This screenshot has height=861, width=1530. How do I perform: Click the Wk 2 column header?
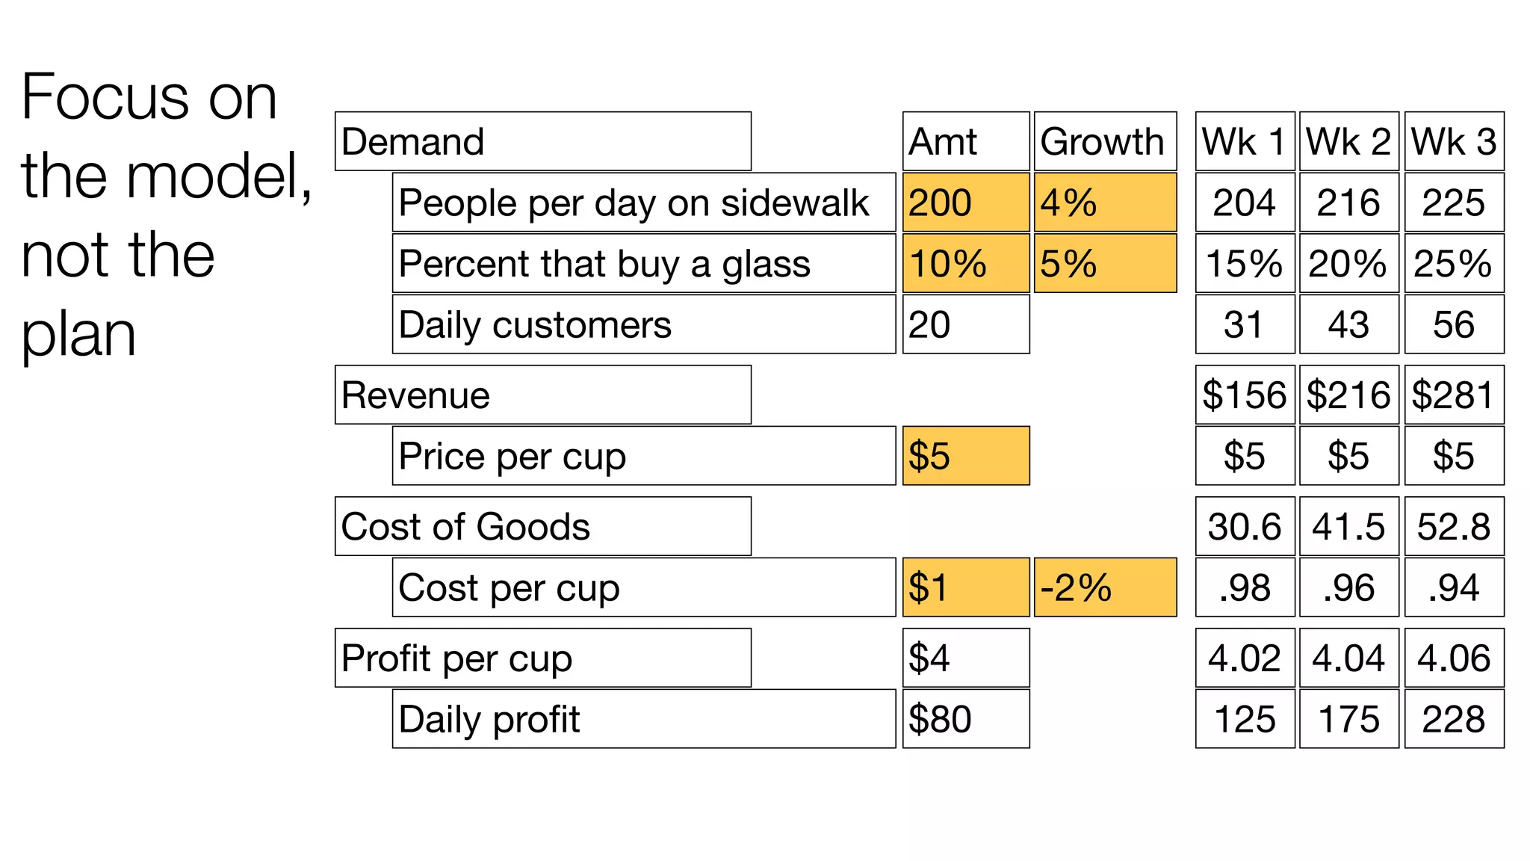[1348, 142]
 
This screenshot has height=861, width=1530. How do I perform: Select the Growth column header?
[1104, 142]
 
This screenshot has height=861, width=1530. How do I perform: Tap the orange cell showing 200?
[965, 203]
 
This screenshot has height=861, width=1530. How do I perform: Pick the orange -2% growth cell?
[1104, 587]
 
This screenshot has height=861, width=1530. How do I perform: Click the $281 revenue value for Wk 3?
[1453, 395]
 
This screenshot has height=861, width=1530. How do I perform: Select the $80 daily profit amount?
[965, 719]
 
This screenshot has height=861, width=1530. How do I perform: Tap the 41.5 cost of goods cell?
[1348, 527]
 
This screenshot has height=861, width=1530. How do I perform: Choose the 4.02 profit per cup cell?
[1245, 658]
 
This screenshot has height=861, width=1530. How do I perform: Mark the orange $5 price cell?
[965, 456]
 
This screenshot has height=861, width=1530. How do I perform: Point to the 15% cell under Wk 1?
[1245, 264]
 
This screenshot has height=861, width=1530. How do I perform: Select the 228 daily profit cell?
[1453, 719]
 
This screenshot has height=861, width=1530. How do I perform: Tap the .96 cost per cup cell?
[1348, 587]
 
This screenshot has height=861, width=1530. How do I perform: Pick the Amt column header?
[965, 142]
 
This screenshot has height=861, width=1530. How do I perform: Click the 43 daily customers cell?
[1348, 324]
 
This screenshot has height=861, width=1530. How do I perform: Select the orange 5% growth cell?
[1104, 264]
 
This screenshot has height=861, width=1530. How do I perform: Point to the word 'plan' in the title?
[78, 335]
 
